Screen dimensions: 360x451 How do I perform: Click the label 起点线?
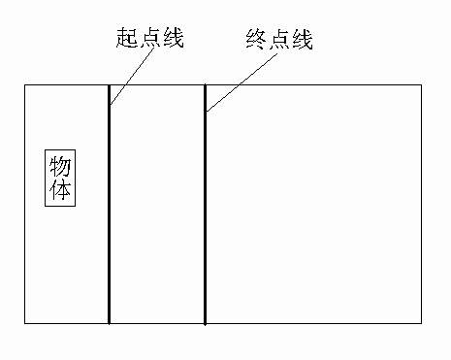(x=149, y=39)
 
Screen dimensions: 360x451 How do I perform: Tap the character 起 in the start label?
(x=128, y=39)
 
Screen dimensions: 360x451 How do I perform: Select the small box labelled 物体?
(x=61, y=177)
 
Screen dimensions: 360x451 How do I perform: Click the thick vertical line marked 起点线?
(x=109, y=213)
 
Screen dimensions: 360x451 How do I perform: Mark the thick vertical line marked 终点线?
(x=205, y=213)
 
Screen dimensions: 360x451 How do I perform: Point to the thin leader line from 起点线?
(x=132, y=74)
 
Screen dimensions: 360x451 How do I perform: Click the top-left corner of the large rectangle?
(x=24, y=85)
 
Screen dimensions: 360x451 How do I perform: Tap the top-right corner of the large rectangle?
(x=422, y=85)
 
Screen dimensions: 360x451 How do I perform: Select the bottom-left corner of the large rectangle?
(x=24, y=323)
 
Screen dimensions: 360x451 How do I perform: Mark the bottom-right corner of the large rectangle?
(x=422, y=323)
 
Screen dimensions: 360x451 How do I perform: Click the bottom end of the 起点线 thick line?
(x=109, y=323)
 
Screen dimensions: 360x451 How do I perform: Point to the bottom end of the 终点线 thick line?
(x=205, y=323)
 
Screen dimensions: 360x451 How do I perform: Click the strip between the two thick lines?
(x=157, y=204)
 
